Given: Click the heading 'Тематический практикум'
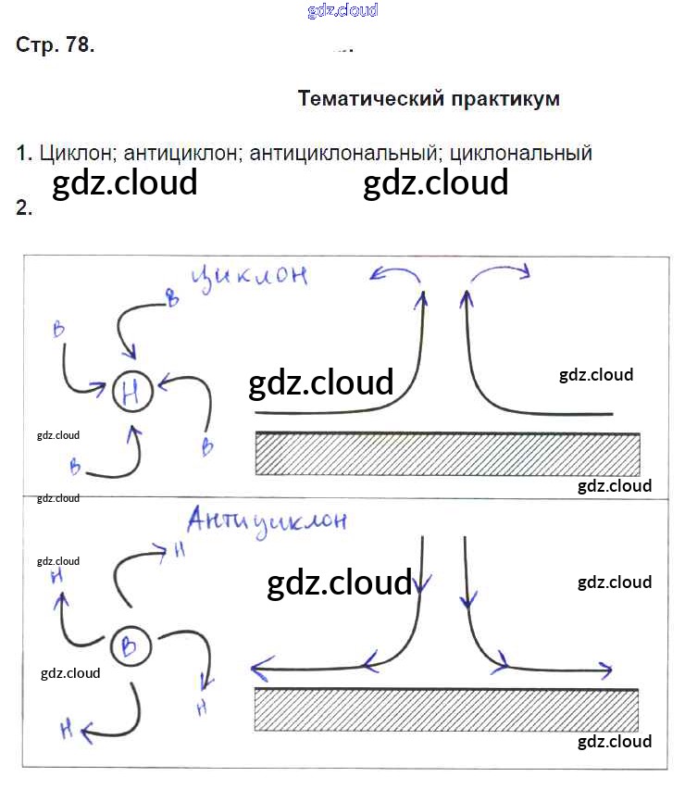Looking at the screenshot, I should click(429, 99).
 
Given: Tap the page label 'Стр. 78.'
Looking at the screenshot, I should click(56, 45).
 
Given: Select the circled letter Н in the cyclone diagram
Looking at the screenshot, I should click(131, 394).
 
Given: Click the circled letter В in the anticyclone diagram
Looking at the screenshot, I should click(130, 646).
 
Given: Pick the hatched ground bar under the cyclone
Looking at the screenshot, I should click(448, 454).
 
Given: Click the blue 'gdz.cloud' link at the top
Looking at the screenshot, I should click(342, 11).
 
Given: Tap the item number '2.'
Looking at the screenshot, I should click(24, 208).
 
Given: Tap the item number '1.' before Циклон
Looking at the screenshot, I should click(24, 154).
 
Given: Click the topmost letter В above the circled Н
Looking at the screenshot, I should click(170, 297).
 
